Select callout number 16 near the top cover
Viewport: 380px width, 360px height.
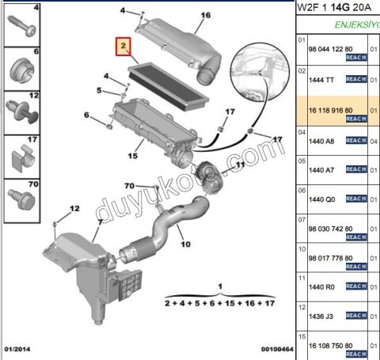[206, 16]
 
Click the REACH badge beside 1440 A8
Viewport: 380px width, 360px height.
[355, 141]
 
